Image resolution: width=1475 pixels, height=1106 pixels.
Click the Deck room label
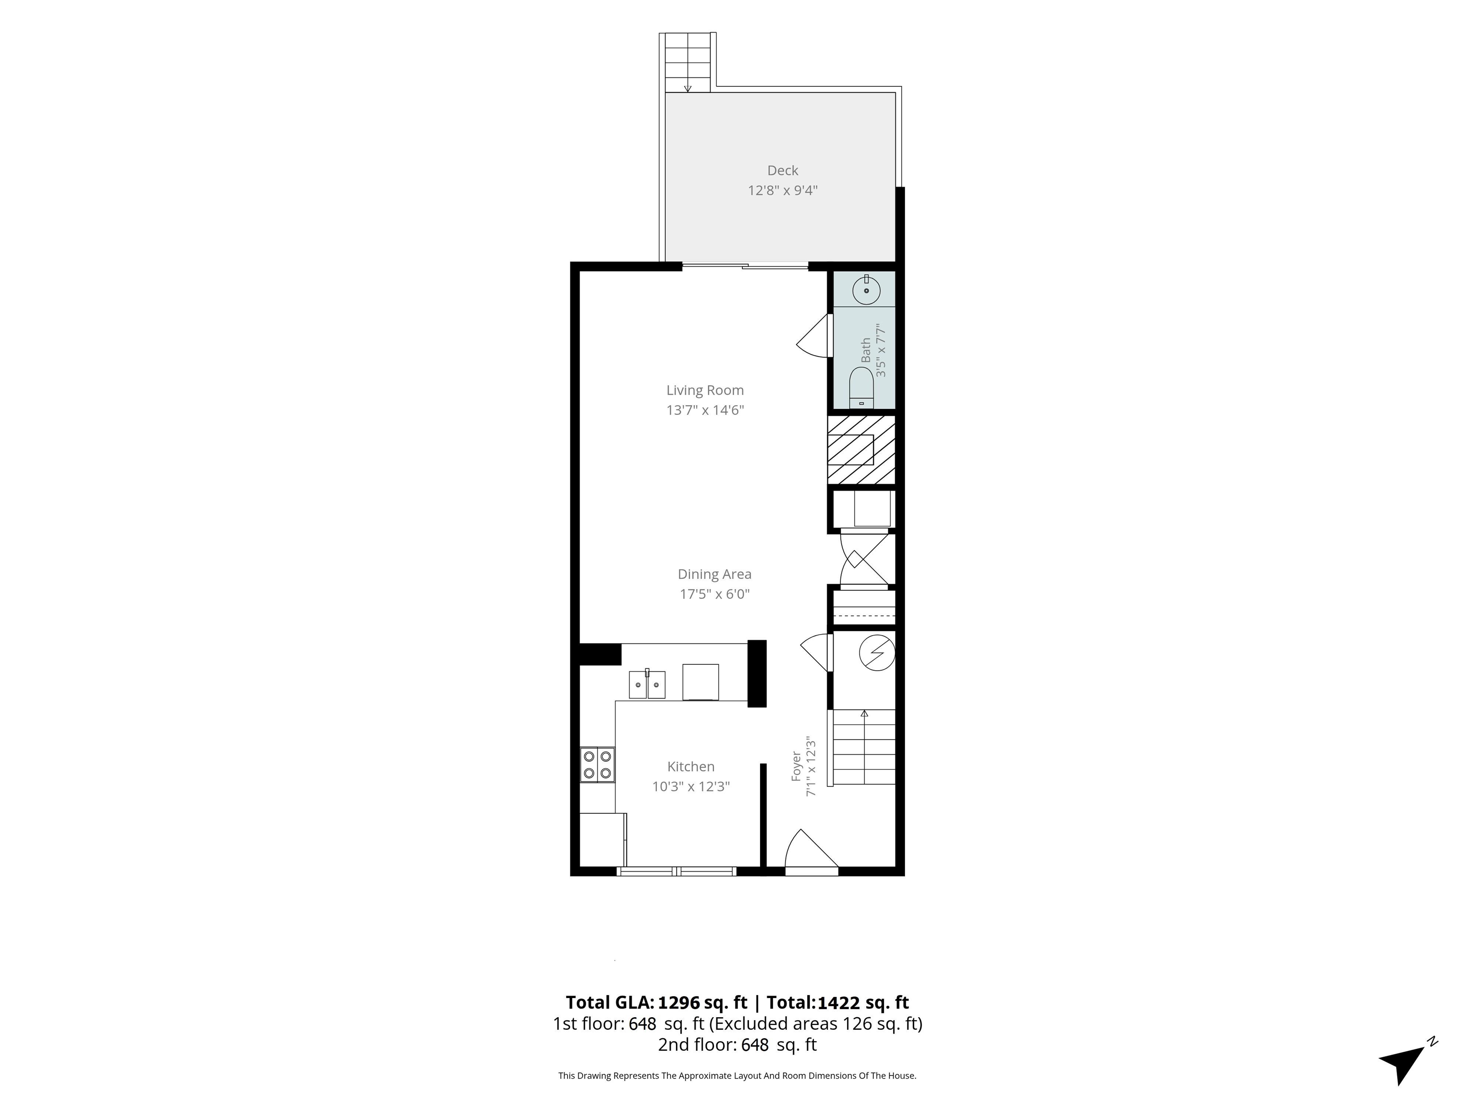point(782,171)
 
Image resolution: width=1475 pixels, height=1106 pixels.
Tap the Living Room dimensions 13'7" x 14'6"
point(705,410)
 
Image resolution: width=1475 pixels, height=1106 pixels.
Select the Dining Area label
point(714,574)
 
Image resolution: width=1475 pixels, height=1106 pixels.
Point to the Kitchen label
point(691,767)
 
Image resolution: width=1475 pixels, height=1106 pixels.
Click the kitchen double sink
point(647,684)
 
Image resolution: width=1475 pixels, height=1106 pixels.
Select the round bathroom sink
point(866,290)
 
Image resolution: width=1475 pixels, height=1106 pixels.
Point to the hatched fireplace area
point(861,450)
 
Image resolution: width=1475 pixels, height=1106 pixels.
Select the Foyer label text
point(796,767)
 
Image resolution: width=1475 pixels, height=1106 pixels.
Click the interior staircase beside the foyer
point(861,747)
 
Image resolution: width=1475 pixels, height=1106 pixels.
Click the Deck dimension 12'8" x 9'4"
point(782,191)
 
